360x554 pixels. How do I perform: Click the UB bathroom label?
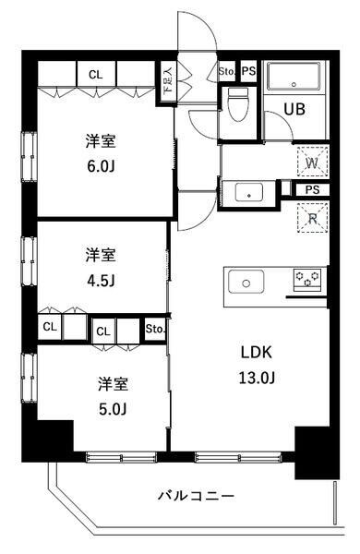(294, 108)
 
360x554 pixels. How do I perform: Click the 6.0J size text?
(101, 169)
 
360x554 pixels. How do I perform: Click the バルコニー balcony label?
(195, 496)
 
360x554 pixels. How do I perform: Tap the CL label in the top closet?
(96, 75)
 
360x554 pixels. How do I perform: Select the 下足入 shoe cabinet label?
(168, 84)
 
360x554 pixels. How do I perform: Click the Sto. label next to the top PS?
(227, 70)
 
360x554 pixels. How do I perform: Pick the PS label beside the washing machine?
(313, 189)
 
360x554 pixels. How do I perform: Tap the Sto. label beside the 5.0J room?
(154, 328)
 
